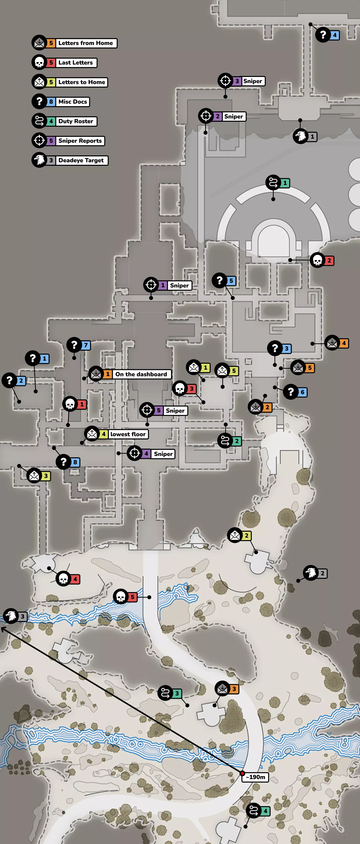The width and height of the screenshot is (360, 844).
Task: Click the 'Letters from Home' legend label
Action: pyautogui.click(x=86, y=43)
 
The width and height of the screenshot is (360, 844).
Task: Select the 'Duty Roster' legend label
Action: pyautogui.click(x=76, y=121)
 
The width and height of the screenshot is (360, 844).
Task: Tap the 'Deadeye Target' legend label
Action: pyautogui.click(x=81, y=160)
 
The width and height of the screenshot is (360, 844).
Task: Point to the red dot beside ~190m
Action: pyautogui.click(x=242, y=773)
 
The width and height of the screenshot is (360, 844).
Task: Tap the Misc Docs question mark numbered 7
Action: pyautogui.click(x=74, y=345)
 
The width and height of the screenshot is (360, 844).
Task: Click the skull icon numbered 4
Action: pyautogui.click(x=63, y=579)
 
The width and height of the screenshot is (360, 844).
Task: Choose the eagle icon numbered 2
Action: pyautogui.click(x=311, y=573)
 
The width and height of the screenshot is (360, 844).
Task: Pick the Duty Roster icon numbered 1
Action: pyautogui.click(x=273, y=183)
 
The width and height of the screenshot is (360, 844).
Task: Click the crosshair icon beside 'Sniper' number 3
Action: pyautogui.click(x=225, y=81)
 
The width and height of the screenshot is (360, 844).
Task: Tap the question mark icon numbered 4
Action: pyautogui.click(x=323, y=34)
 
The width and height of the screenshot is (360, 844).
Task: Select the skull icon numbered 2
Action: pyautogui.click(x=317, y=261)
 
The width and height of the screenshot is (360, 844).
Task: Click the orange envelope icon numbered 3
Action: pyautogui.click(x=222, y=689)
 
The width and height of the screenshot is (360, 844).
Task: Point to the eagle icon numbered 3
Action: pyautogui.click(x=11, y=616)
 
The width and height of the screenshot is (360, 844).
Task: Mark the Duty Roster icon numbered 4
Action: pyautogui.click(x=254, y=811)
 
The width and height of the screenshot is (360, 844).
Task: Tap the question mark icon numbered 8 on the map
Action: pyautogui.click(x=64, y=462)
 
